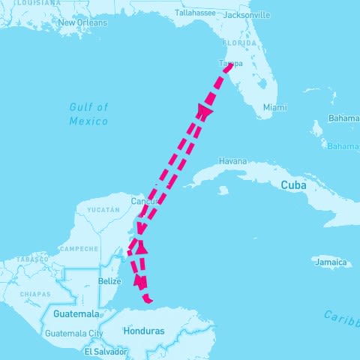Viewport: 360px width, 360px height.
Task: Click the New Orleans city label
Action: [82, 22]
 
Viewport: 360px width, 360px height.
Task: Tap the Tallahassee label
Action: [195, 13]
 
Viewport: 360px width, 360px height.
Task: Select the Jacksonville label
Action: [246, 14]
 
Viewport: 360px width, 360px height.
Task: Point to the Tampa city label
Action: [230, 64]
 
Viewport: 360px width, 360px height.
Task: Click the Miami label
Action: [274, 107]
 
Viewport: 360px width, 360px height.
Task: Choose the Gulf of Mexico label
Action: [88, 115]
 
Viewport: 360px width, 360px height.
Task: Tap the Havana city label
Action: [232, 161]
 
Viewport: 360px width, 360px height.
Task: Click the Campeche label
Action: [78, 248]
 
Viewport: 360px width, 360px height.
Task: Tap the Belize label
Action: [109, 281]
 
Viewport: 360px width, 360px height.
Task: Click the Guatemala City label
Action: [74, 333]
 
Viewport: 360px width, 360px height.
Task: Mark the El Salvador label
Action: [106, 351]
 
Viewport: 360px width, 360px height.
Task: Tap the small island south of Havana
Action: [223, 190]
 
